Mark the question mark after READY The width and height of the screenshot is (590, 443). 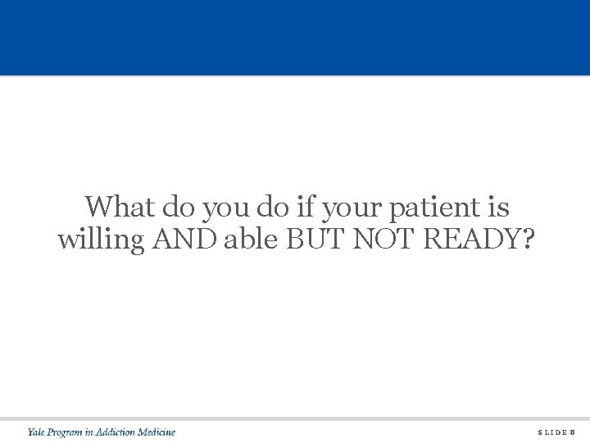click(525, 240)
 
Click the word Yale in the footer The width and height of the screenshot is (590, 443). click(37, 432)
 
